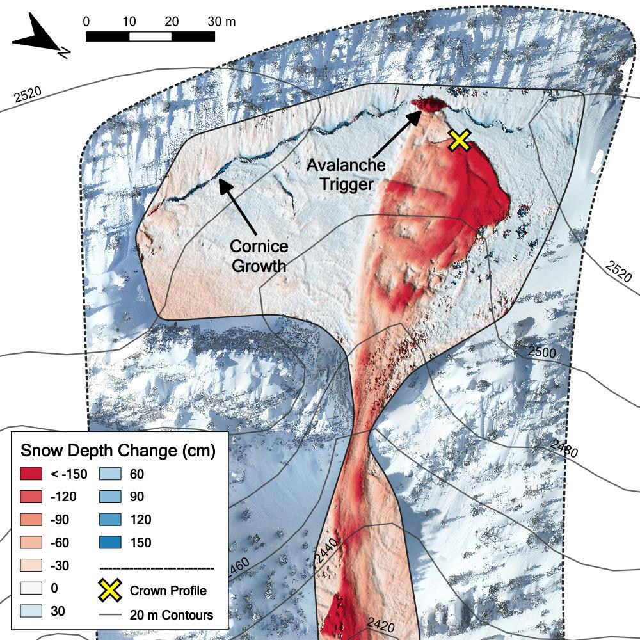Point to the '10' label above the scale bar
point(129,20)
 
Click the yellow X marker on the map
point(460,140)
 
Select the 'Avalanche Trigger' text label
point(346,174)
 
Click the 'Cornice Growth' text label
point(259,256)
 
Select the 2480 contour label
point(563,449)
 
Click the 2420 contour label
point(380,626)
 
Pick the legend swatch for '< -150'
point(30,474)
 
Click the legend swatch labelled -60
point(30,543)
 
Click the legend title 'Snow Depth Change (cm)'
point(118,451)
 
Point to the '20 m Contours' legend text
point(171,615)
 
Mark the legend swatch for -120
point(30,497)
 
